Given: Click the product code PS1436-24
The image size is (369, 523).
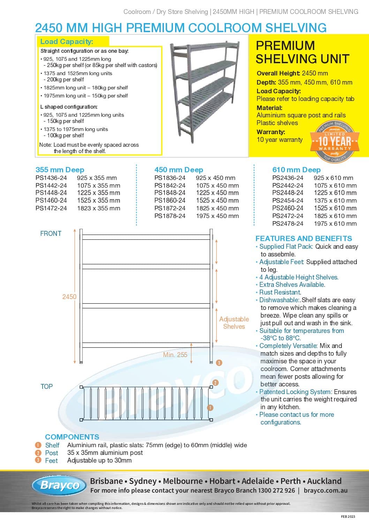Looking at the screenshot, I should [x=51, y=178].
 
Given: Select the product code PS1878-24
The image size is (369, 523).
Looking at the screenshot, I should [x=170, y=216].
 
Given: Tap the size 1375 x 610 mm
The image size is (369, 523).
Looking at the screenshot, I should [x=335, y=201].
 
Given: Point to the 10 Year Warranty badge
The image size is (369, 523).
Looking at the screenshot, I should [x=334, y=141].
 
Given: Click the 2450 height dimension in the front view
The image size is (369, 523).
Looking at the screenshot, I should [x=69, y=297].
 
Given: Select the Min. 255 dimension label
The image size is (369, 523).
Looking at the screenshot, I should [x=175, y=355].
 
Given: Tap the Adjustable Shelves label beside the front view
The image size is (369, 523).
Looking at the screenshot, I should [x=234, y=323].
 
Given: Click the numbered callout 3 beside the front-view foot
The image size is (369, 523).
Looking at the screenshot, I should [x=219, y=363].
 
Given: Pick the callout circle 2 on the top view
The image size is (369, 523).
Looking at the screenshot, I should [x=216, y=383].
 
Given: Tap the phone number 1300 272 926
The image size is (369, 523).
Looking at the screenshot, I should [x=276, y=491].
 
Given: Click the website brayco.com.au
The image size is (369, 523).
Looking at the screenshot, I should [x=325, y=491].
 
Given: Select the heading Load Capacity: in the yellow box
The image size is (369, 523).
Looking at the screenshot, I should [x=67, y=42].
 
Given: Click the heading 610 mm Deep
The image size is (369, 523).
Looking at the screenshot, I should [x=296, y=170].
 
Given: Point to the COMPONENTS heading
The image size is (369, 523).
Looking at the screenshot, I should [x=72, y=437].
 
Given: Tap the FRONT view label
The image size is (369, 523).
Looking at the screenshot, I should [x=51, y=233].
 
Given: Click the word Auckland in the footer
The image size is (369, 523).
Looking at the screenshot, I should [x=324, y=481].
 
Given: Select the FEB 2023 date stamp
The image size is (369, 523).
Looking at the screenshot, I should [x=348, y=516].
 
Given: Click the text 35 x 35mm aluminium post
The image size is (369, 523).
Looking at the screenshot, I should [x=105, y=453].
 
